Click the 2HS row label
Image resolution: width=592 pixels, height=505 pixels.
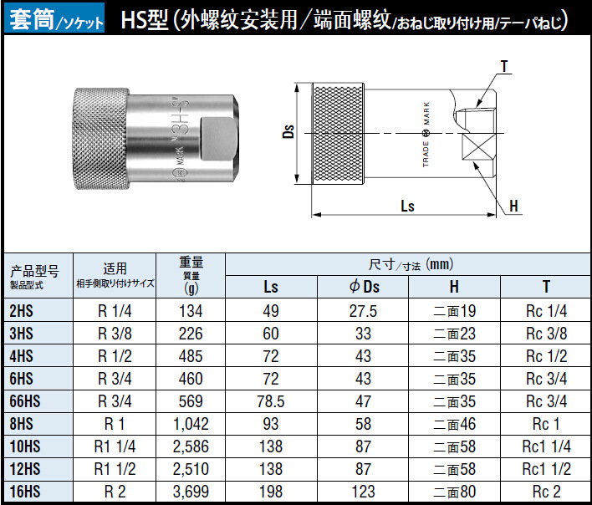21,311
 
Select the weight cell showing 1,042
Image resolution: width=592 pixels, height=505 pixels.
191,424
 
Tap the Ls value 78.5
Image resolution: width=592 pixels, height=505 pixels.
271,401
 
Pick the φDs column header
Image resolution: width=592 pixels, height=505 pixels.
364,287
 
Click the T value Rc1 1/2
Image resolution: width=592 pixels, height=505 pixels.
546,469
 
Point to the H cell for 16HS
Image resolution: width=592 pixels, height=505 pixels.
454,492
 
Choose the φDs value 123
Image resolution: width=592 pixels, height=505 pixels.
363,492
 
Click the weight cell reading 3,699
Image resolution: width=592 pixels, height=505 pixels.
191,492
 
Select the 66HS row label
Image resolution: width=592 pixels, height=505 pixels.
25,401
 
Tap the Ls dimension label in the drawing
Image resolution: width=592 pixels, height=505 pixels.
407,206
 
